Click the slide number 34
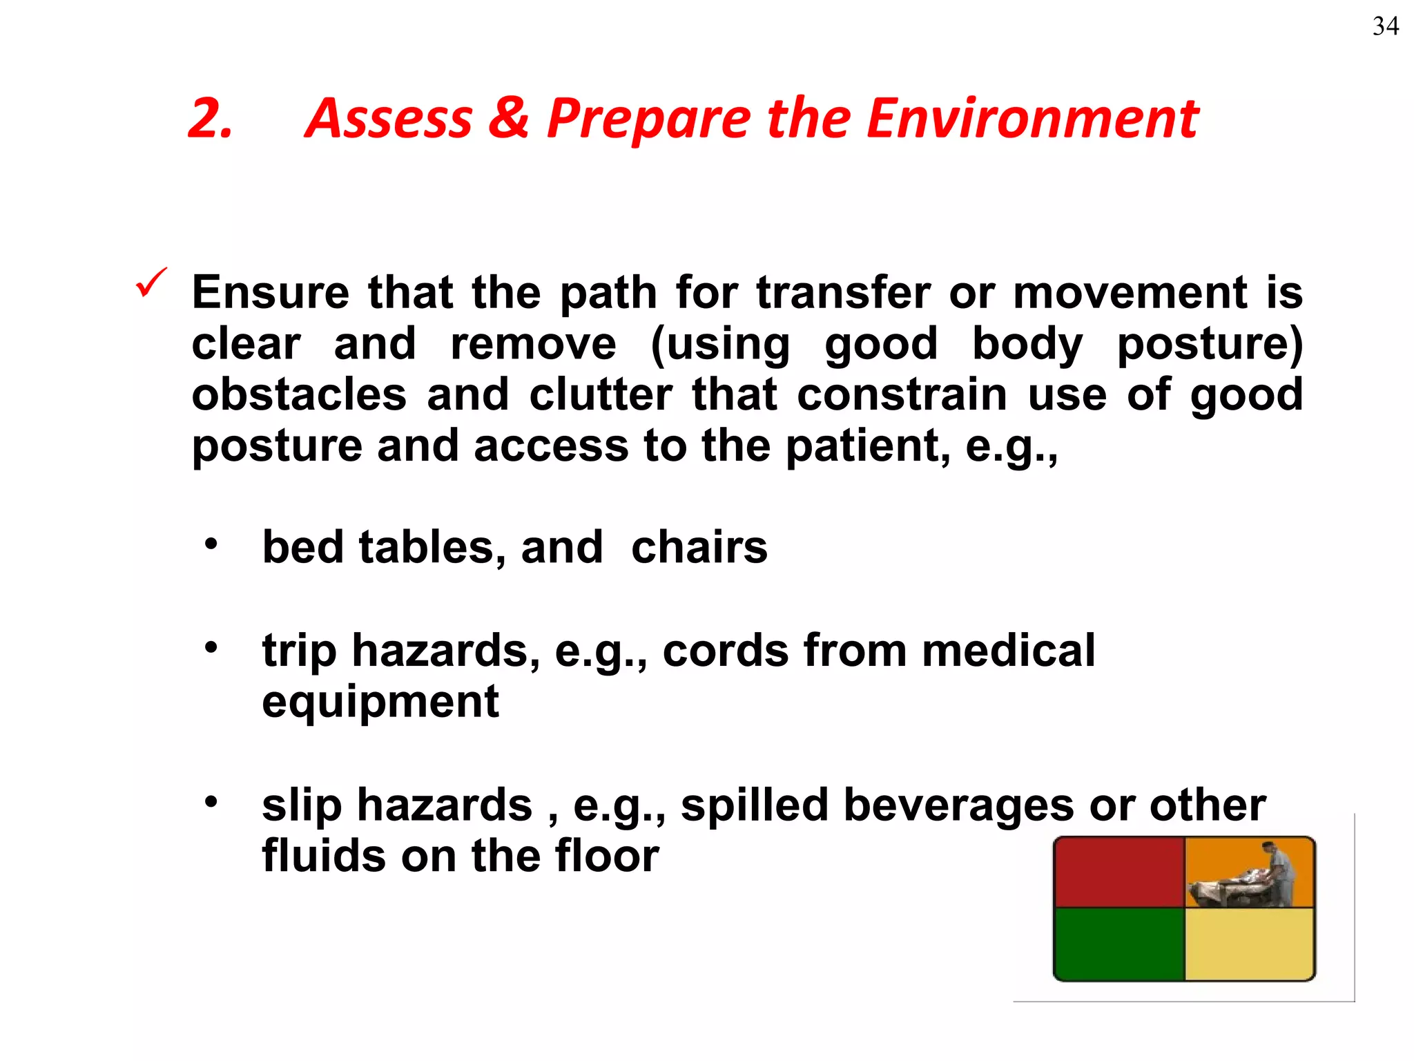pos(1385,26)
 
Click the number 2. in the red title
pos(210,119)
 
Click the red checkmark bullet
pos(151,283)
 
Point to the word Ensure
pos(270,292)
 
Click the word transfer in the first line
pos(843,292)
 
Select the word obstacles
pos(299,394)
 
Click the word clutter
pos(601,394)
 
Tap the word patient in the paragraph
pos(862,446)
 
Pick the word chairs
pos(699,547)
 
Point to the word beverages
pos(959,805)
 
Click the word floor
pos(606,856)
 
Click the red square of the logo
pos(1119,872)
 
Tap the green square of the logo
pos(1119,944)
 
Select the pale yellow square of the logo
pos(1249,944)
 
